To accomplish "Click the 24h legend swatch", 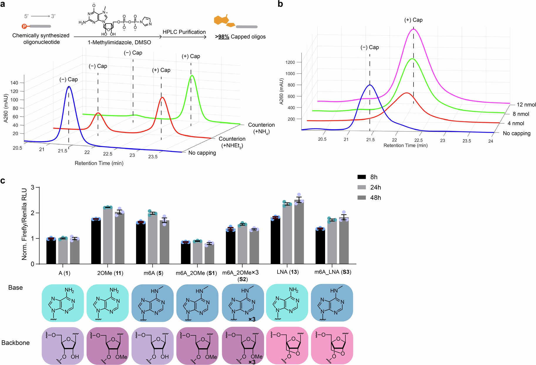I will (x=362, y=187).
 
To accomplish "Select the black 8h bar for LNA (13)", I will (x=275, y=241).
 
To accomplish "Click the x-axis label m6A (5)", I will (x=153, y=273).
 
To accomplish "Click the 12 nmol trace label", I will (x=526, y=105).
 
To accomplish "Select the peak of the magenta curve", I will (x=414, y=29).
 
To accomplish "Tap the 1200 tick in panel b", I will (x=290, y=62).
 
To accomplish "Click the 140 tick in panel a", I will (x=14, y=83).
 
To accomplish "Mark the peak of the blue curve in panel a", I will (x=69, y=87).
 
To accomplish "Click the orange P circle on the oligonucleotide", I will (x=24, y=26).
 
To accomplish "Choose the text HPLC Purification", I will (x=184, y=32).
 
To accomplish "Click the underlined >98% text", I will (x=222, y=37).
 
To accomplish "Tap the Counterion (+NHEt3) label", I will (x=232, y=142).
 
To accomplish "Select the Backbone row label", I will (x=16, y=343).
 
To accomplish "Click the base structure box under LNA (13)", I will (x=287, y=302).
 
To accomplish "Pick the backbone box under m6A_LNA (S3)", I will (x=332, y=346).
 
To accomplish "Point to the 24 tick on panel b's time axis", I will (x=490, y=141).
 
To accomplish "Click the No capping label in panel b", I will (x=516, y=133).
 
